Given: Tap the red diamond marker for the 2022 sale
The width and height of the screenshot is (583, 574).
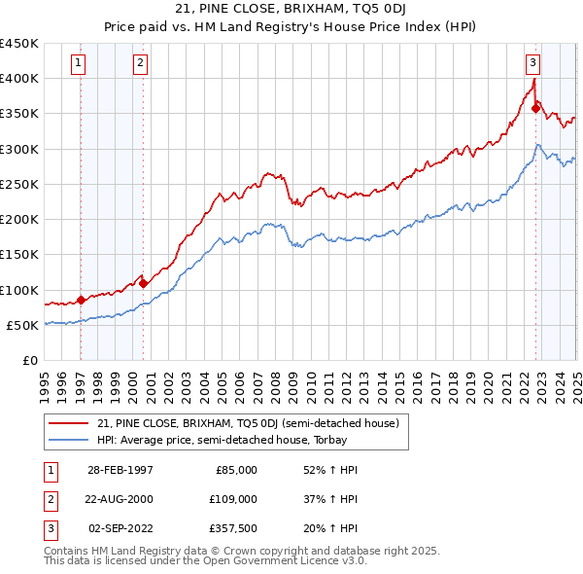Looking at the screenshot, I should click(x=535, y=108).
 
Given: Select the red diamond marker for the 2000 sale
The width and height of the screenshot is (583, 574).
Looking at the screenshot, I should click(x=144, y=284).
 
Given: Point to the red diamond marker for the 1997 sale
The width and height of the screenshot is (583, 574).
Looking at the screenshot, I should click(x=81, y=301).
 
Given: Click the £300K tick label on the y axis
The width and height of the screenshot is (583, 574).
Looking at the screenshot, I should click(x=18, y=149).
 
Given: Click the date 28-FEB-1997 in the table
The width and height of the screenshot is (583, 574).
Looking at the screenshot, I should click(x=120, y=470).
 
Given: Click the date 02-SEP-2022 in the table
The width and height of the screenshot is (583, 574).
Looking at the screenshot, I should click(x=120, y=528).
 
